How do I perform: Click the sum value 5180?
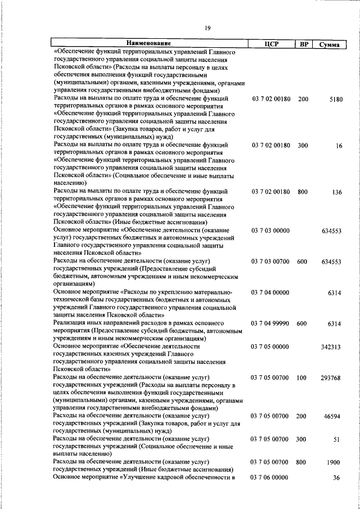point(335,100)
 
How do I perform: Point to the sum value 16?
point(339,146)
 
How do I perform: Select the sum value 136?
point(337,192)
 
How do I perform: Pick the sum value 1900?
point(334,462)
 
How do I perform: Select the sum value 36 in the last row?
point(337,478)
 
